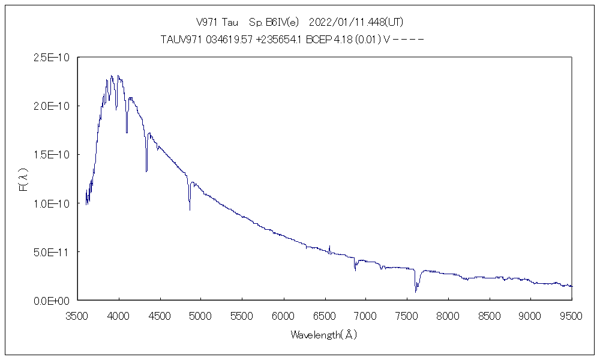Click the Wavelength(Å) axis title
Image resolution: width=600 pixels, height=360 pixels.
point(324,335)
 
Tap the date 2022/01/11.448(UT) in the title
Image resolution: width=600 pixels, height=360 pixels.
point(356,22)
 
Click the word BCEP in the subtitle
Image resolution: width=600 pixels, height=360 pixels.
point(319,40)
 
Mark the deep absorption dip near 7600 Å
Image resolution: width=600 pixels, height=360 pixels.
point(415,291)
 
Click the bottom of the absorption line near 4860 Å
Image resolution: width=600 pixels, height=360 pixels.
point(190,209)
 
